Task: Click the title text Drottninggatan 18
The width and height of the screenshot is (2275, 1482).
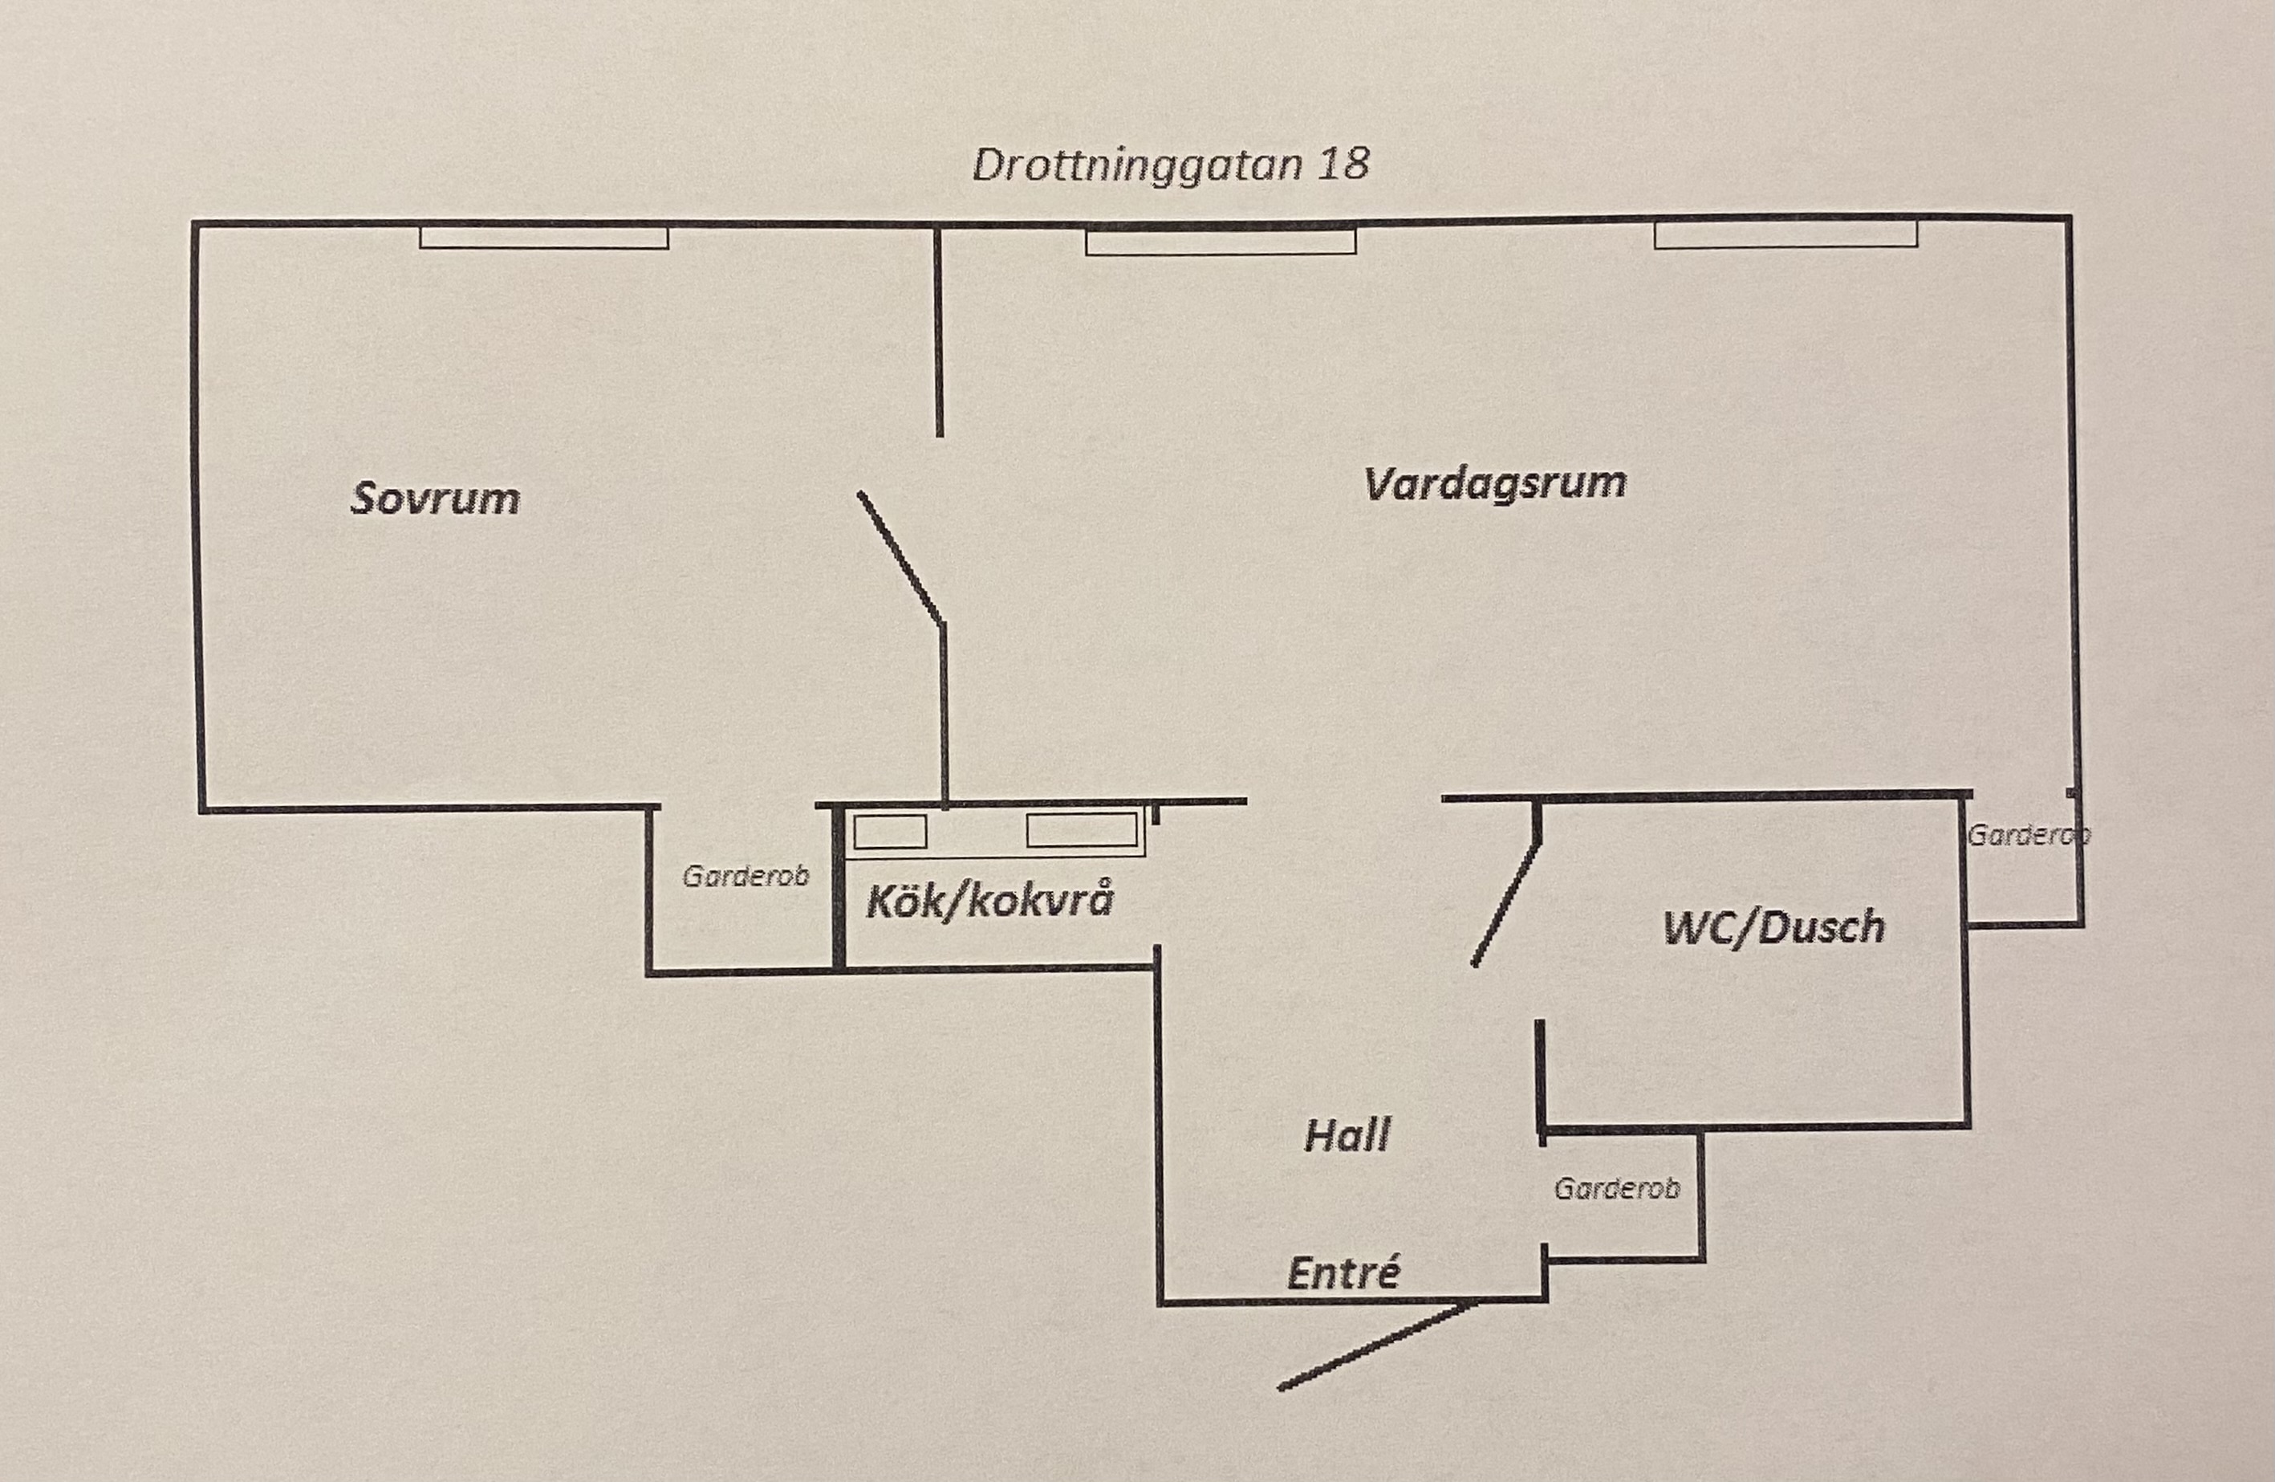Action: point(1170,165)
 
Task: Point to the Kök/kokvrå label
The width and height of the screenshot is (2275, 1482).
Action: point(990,902)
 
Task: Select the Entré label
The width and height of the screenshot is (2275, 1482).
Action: point(1343,1273)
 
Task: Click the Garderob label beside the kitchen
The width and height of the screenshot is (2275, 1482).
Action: point(745,876)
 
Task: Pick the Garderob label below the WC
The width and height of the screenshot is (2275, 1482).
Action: point(1616,1188)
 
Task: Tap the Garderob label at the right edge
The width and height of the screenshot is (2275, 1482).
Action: point(2026,836)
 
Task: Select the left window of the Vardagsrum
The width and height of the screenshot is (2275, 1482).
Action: point(1221,242)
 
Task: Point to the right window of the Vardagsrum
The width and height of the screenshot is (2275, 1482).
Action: point(1785,235)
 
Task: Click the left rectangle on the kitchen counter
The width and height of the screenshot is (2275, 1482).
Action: point(890,832)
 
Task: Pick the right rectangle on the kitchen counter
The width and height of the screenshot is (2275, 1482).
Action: point(1081,830)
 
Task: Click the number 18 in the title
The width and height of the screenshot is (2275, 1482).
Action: point(1344,164)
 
